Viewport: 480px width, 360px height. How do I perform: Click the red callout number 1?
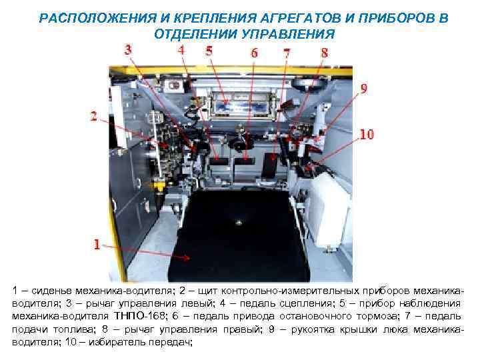coord(97,245)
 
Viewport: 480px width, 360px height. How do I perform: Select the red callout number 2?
coord(94,117)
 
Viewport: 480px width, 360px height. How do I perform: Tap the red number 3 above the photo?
coord(128,49)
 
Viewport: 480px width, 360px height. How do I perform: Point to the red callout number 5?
coord(209,50)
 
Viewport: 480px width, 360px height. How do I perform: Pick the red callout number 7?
coord(287,52)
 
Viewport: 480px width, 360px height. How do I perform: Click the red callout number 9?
coord(364,87)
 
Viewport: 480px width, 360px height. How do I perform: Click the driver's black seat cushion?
coord(237,233)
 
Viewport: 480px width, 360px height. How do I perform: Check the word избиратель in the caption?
coord(93,341)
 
